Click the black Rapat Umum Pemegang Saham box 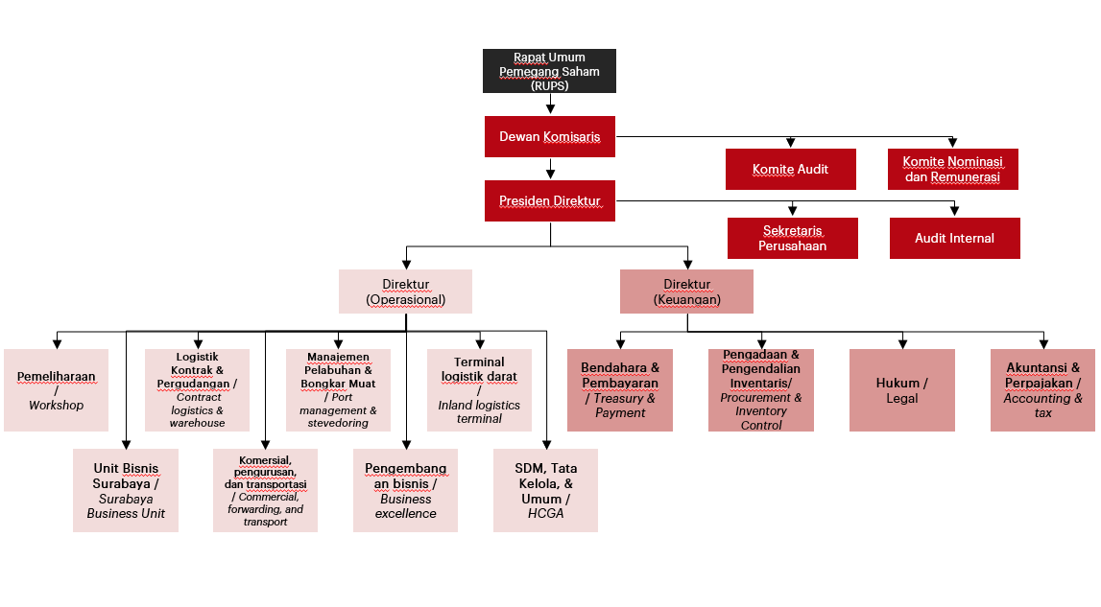coord(549,71)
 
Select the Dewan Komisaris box coord(550,136)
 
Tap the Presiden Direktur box coord(550,200)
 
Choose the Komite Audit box coord(791,169)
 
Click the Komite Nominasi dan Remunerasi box coord(953,169)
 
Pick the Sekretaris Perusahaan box coord(793,238)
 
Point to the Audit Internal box coord(955,238)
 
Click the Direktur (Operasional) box coord(406,292)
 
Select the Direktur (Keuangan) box coord(686,292)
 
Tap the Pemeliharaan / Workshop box coord(57,390)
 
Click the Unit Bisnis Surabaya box coord(126,491)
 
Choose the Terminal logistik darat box coord(480,390)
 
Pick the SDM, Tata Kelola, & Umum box coord(545,491)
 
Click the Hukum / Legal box coord(902,390)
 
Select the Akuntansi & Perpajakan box coord(1042,390)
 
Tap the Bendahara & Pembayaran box coord(620,390)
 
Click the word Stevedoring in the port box coord(338,423)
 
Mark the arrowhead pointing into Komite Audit coord(791,143)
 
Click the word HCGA coord(545,514)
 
